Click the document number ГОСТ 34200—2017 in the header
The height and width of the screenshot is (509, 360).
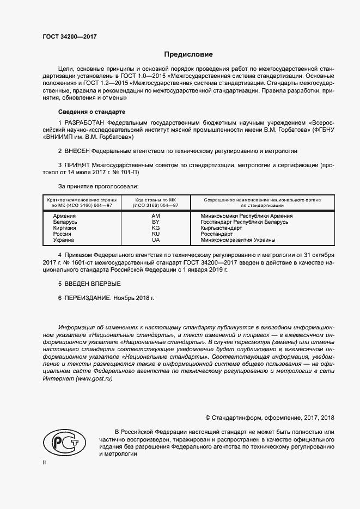(69, 36)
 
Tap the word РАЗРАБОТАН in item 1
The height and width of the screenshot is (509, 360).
(86, 123)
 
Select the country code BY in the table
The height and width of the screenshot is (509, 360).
(156, 222)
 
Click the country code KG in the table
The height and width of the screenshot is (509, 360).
(156, 228)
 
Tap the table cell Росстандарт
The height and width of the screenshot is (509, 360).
(217, 234)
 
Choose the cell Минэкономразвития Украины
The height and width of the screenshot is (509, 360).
(238, 240)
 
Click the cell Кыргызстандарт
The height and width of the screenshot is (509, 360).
(221, 228)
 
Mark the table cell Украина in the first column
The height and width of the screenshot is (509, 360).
(64, 240)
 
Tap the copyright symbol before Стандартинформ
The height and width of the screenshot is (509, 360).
(208, 418)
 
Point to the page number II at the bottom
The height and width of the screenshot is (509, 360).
(45, 462)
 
